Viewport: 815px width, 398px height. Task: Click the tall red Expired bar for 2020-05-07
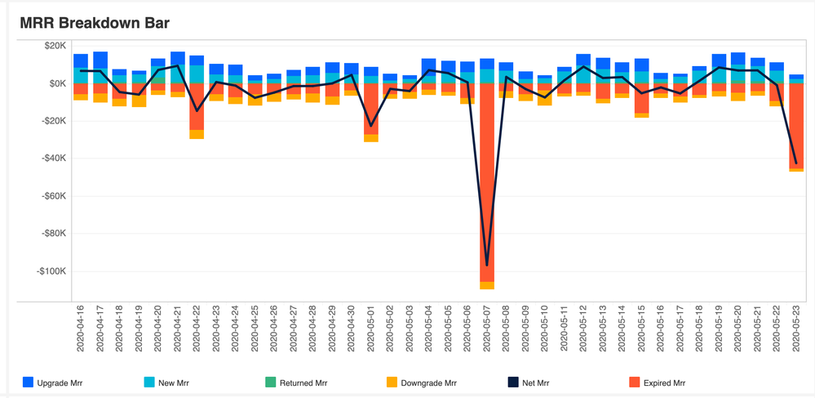click(x=487, y=180)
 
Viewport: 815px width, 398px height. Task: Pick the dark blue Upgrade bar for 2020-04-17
click(x=100, y=60)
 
